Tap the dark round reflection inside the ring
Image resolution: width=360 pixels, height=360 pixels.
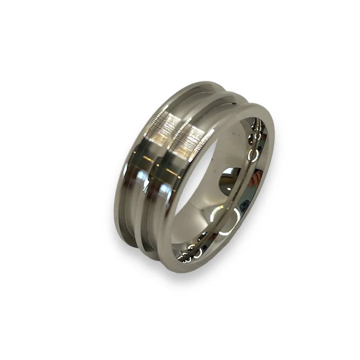tap(231, 174)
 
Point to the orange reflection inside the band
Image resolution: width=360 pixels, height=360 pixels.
tap(258, 176)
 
